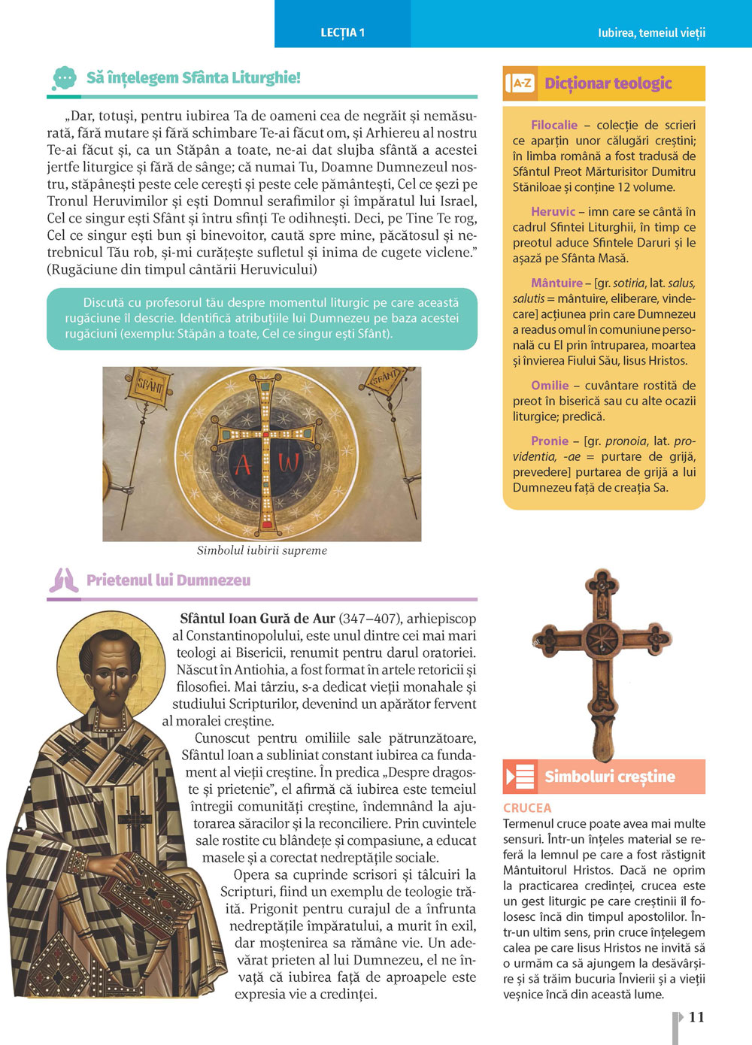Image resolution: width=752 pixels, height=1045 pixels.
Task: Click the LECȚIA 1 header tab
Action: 342,32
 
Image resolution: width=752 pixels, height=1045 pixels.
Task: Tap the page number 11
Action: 696,1016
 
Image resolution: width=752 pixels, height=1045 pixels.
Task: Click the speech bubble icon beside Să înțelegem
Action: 65,77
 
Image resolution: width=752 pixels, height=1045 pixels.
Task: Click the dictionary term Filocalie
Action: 554,125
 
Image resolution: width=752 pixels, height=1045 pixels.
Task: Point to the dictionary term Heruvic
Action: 553,211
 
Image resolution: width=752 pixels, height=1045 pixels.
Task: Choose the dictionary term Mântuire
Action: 556,283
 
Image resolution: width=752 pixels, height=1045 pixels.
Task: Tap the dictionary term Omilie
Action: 550,385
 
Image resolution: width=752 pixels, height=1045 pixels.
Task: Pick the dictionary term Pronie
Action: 550,441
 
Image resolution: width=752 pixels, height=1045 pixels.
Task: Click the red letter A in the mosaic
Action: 243,464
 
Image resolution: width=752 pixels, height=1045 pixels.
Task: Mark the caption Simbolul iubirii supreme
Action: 262,550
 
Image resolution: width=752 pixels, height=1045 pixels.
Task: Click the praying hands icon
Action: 64,580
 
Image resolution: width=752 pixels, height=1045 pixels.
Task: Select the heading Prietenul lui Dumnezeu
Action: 168,580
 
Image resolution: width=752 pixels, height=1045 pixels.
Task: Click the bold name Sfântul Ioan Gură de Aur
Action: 257,619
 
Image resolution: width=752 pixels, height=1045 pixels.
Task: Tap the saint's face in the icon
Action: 111,674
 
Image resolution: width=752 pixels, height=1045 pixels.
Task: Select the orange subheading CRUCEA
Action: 527,807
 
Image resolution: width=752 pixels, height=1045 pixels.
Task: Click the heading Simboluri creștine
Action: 610,777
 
